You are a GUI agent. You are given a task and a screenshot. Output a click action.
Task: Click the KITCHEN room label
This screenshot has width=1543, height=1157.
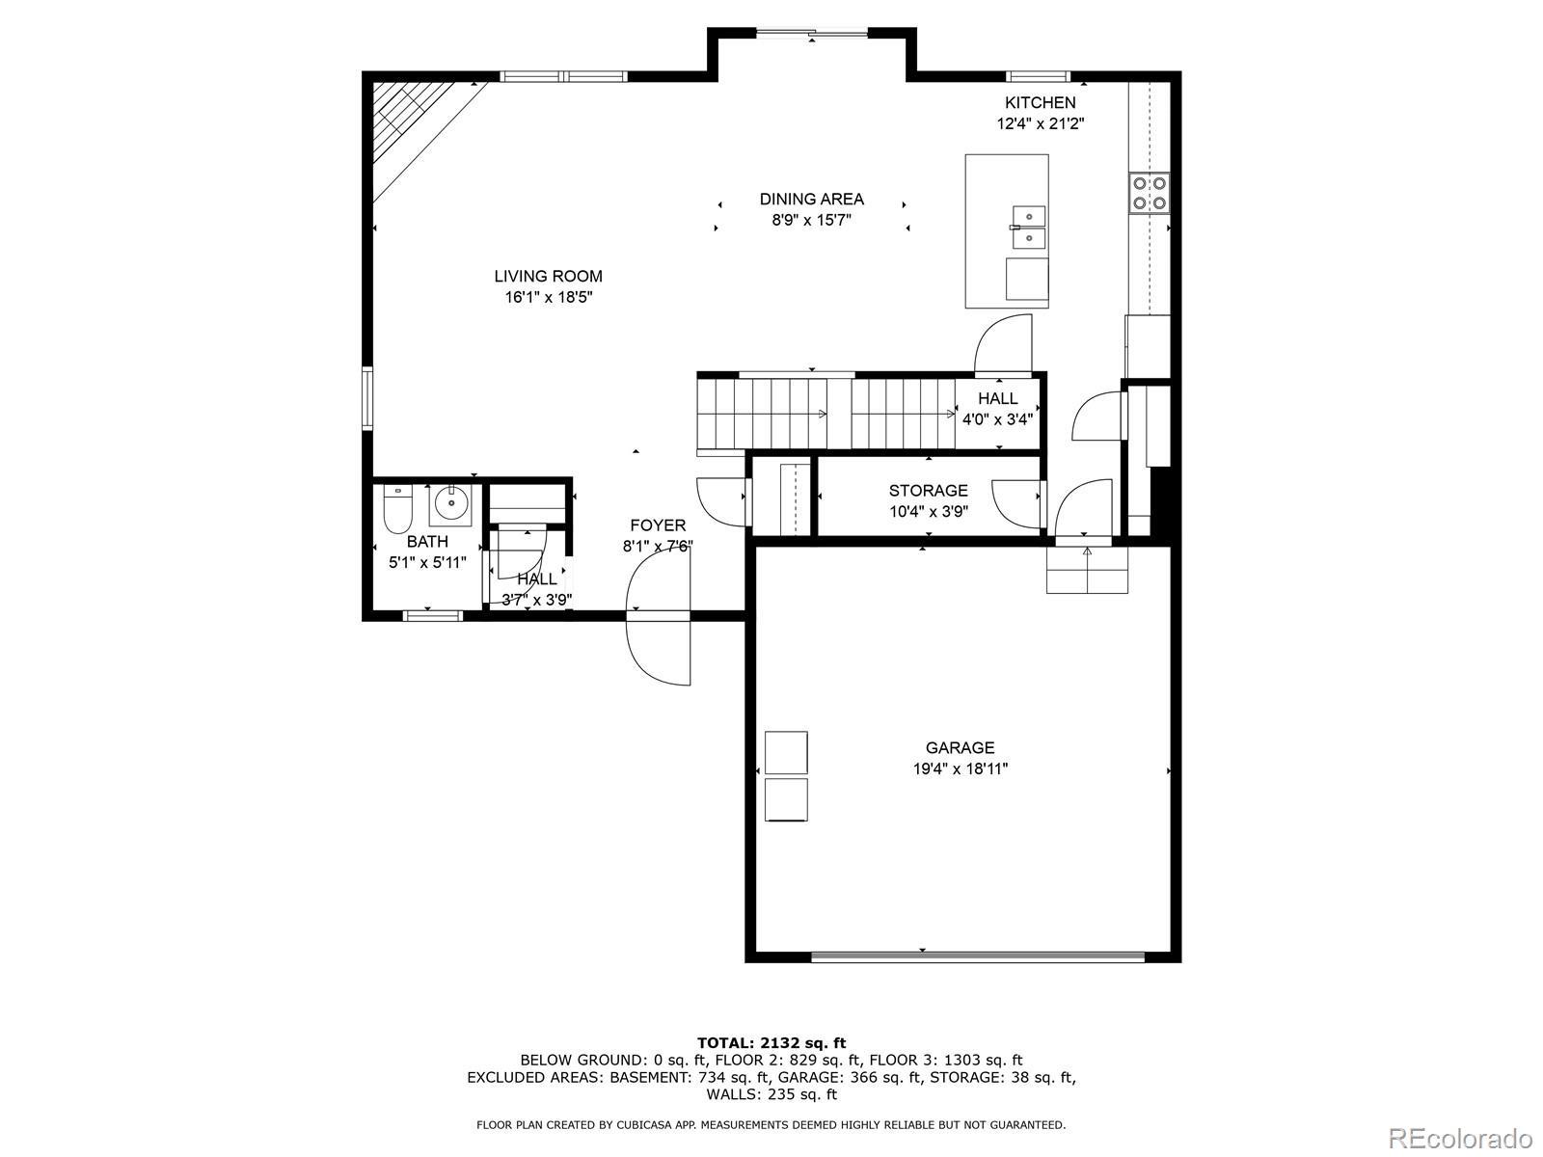point(1040,102)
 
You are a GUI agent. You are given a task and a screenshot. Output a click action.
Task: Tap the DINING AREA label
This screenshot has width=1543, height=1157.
point(811,200)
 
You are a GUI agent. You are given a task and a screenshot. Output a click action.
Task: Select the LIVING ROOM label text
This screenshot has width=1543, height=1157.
point(549,276)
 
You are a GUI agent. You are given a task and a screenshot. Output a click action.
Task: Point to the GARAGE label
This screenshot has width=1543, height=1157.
point(960,747)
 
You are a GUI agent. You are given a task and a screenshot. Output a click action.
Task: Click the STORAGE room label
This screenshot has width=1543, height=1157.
point(928,491)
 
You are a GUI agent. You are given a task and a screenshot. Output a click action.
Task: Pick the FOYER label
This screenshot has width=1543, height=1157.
point(658,525)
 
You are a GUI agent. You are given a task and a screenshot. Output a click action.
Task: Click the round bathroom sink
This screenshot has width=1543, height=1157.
point(450,503)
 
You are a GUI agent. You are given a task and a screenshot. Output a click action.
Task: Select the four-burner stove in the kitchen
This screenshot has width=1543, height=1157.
point(1150,194)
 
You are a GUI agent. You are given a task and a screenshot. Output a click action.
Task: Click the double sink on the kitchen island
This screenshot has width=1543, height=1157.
point(1028,229)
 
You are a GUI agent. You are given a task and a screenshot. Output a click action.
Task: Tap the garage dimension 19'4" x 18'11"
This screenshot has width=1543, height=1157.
point(960,768)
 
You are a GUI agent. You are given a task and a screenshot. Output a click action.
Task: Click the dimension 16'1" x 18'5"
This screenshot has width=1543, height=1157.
point(549,297)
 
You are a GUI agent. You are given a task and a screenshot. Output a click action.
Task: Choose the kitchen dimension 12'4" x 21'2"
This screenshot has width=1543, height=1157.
point(1040,123)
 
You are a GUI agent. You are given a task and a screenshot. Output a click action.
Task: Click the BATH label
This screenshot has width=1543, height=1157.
point(427,542)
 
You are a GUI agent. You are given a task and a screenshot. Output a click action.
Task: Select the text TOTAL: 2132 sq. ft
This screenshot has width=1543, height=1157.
point(771,1043)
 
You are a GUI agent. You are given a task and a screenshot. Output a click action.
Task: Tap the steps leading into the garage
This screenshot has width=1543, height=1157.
point(1087,570)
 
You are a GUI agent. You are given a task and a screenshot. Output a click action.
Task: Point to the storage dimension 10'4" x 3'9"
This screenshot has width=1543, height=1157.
point(928,511)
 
